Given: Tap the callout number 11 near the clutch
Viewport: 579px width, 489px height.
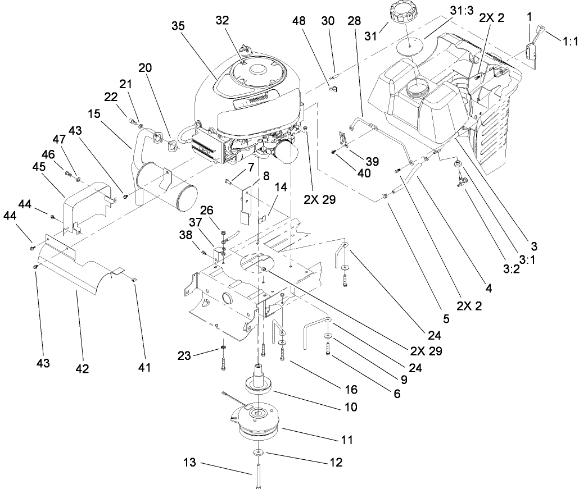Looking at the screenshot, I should click(x=347, y=440).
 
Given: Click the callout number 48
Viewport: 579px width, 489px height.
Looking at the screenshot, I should click(x=299, y=21).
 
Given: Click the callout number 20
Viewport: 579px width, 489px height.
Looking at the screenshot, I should click(x=145, y=67).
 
